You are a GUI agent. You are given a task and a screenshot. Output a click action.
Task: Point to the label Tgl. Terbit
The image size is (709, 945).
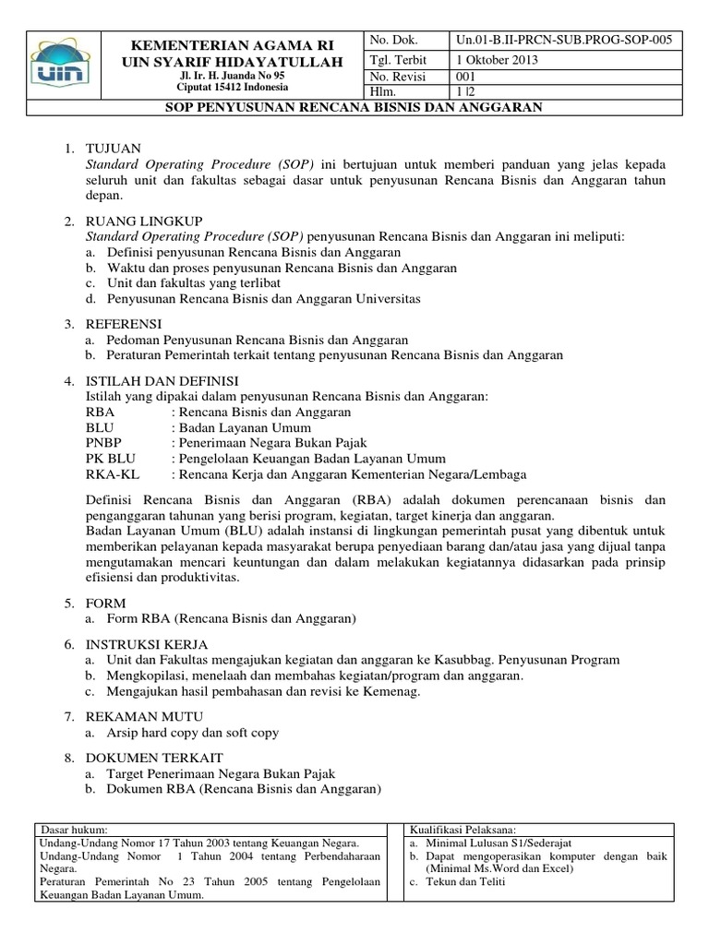click(x=394, y=60)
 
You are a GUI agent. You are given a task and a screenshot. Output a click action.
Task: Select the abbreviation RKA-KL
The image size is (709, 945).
click(x=109, y=474)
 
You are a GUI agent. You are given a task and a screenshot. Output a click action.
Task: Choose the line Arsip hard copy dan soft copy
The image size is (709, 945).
click(x=193, y=733)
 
